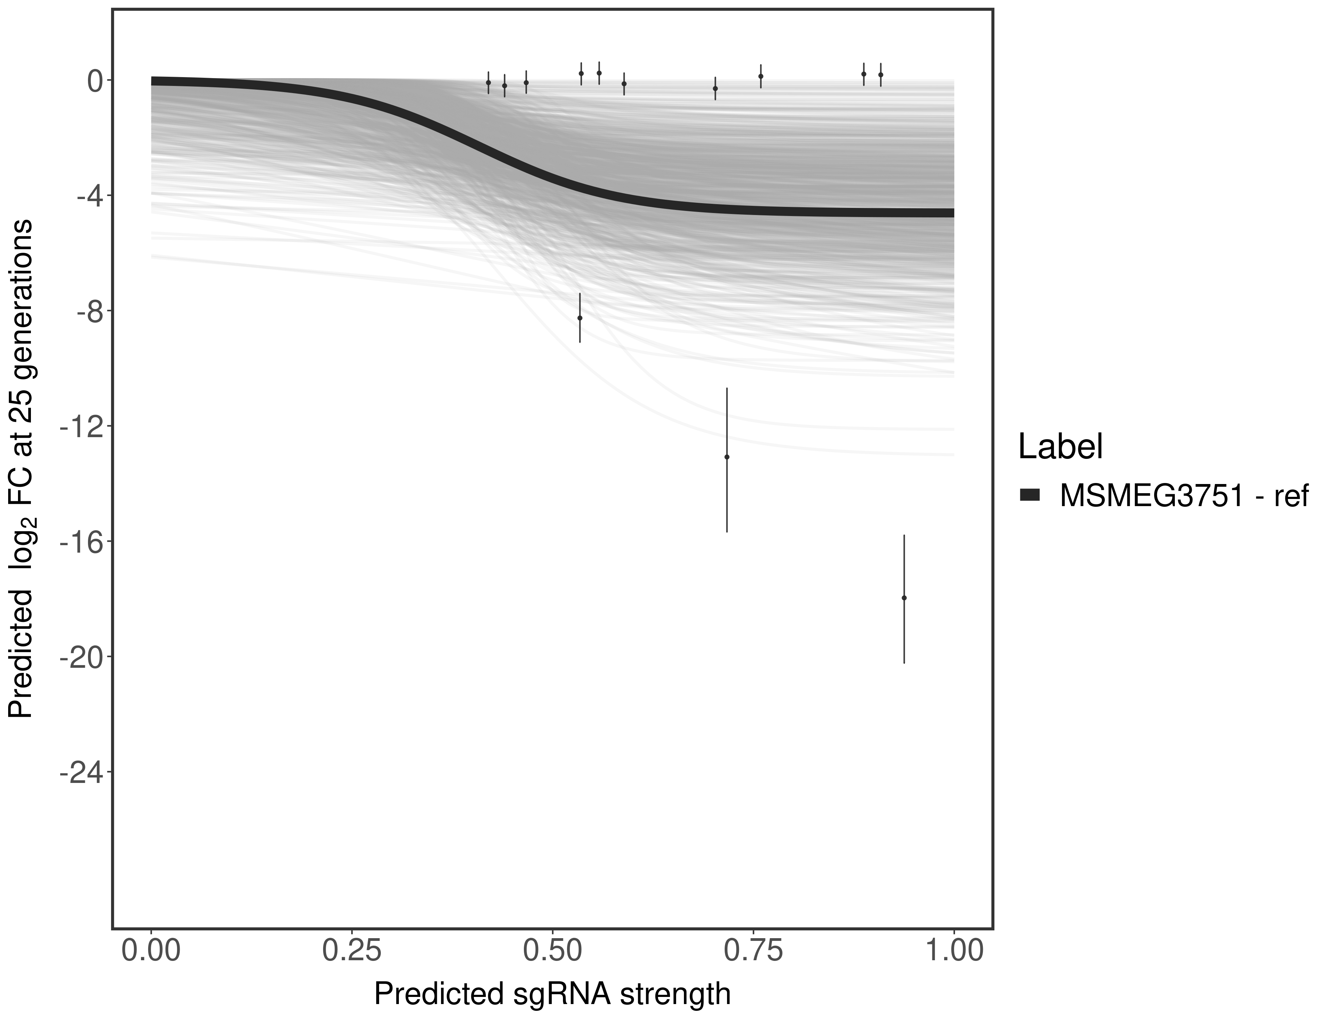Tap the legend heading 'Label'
click(x=1060, y=447)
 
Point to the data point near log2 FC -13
click(x=727, y=457)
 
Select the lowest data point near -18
click(x=904, y=598)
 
